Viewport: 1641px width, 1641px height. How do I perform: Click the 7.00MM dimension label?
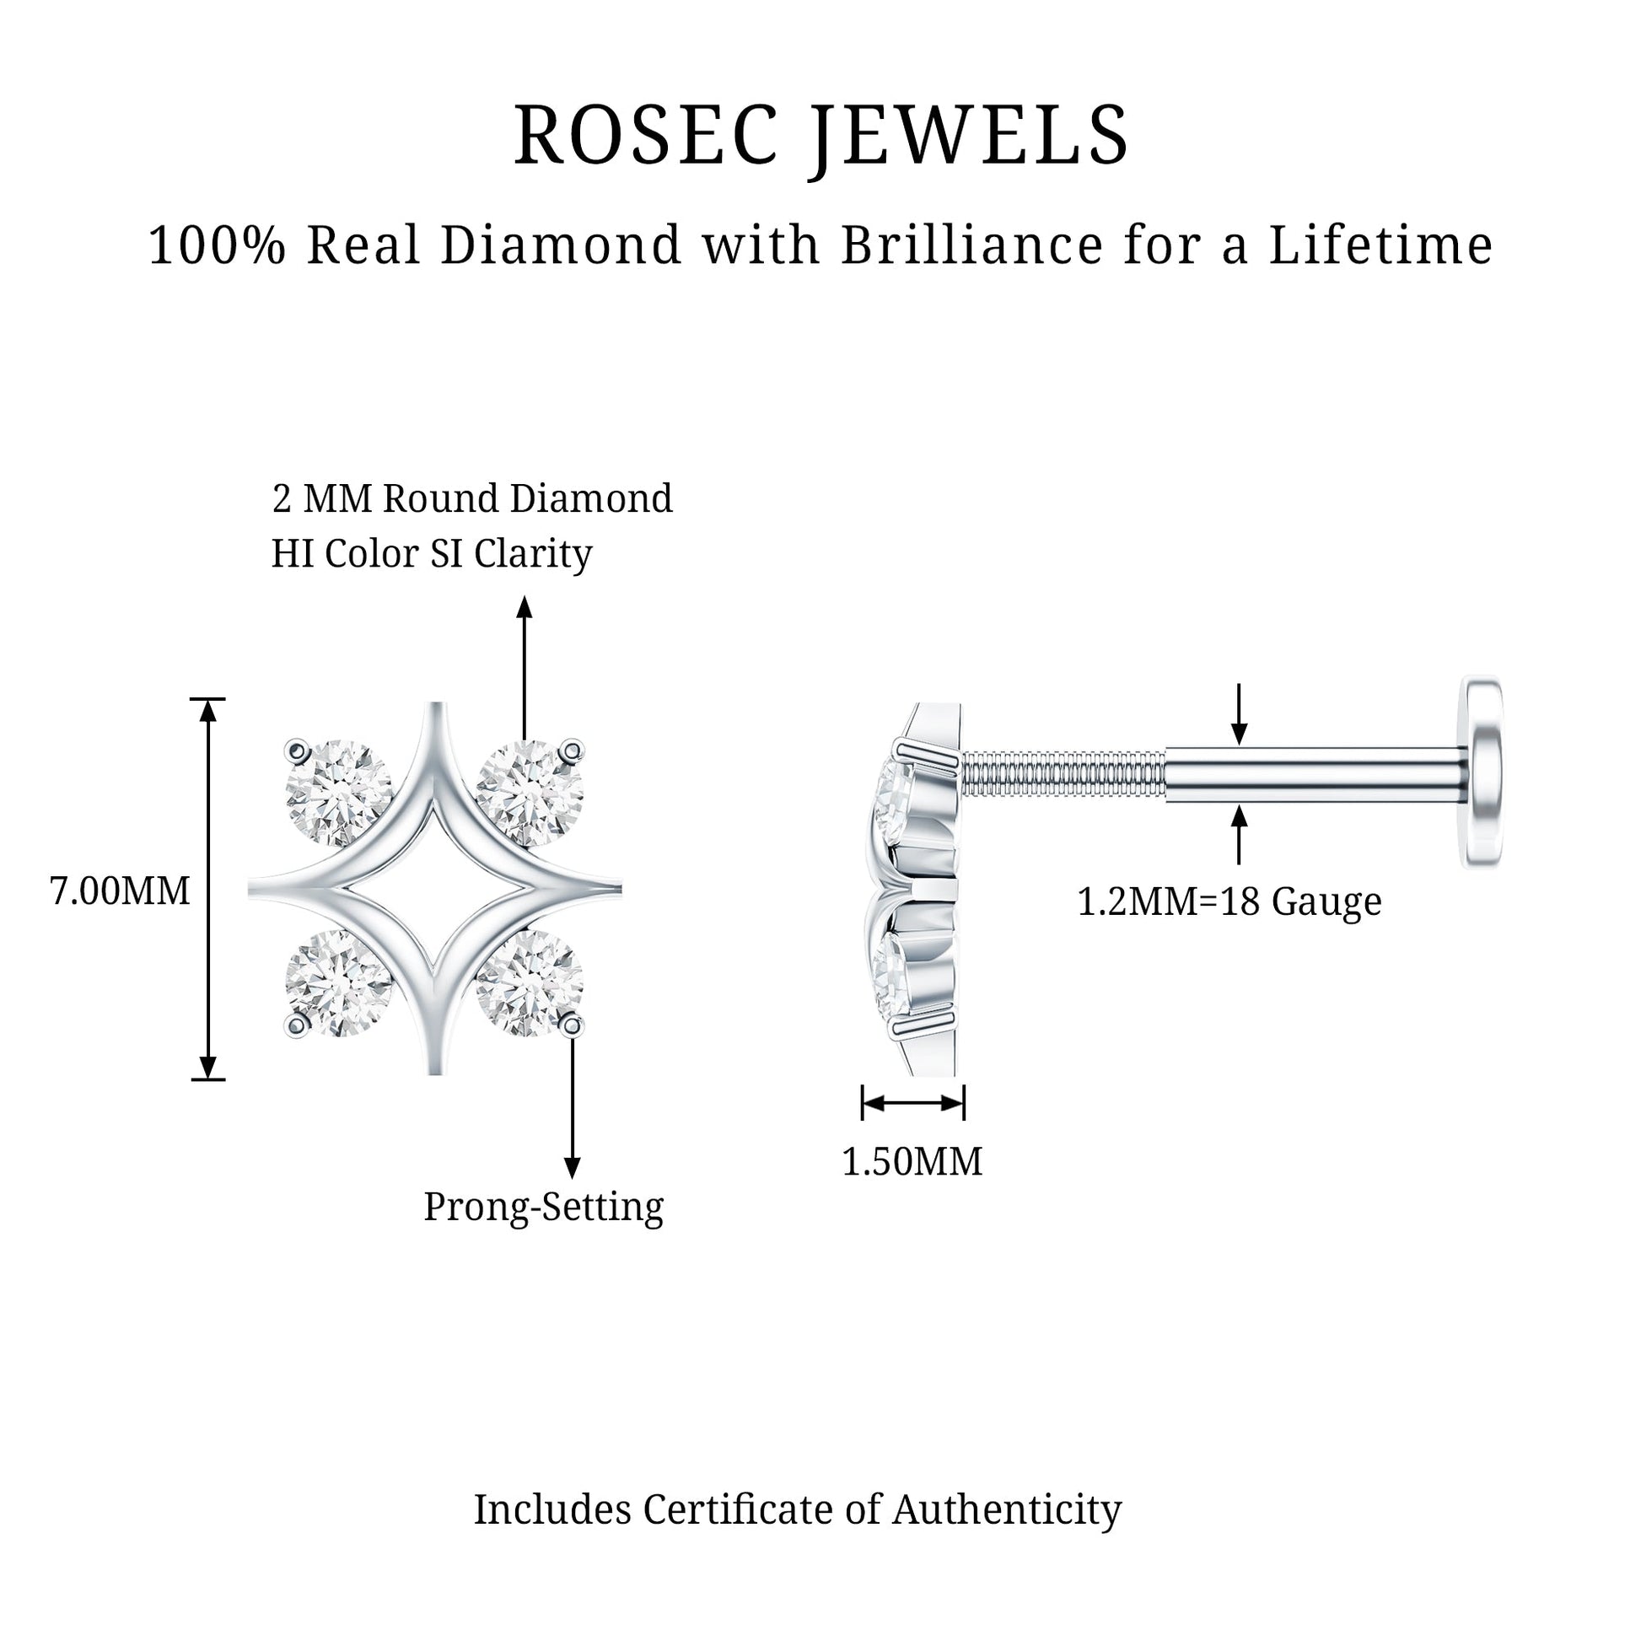[x=120, y=891]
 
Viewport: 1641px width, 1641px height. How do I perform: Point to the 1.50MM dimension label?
[x=912, y=1161]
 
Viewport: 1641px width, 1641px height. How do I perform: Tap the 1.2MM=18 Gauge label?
[x=1229, y=901]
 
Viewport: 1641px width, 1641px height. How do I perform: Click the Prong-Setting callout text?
[x=544, y=1207]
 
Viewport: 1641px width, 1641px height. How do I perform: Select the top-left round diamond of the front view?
[x=339, y=794]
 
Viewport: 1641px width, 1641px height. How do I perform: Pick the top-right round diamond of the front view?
[x=530, y=794]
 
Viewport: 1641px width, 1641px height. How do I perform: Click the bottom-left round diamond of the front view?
[x=339, y=983]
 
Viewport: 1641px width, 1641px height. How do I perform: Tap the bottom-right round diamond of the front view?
[x=530, y=983]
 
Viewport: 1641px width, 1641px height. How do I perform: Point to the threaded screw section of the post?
[x=1063, y=772]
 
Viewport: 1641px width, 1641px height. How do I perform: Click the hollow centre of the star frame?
[x=435, y=889]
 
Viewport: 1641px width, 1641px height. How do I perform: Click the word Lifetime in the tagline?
[x=1381, y=245]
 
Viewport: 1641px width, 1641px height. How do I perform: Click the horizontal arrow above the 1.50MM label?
[x=913, y=1102]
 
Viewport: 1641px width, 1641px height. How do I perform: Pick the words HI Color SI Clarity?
[x=432, y=555]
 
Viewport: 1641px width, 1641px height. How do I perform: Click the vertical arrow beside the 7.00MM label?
[x=208, y=889]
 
